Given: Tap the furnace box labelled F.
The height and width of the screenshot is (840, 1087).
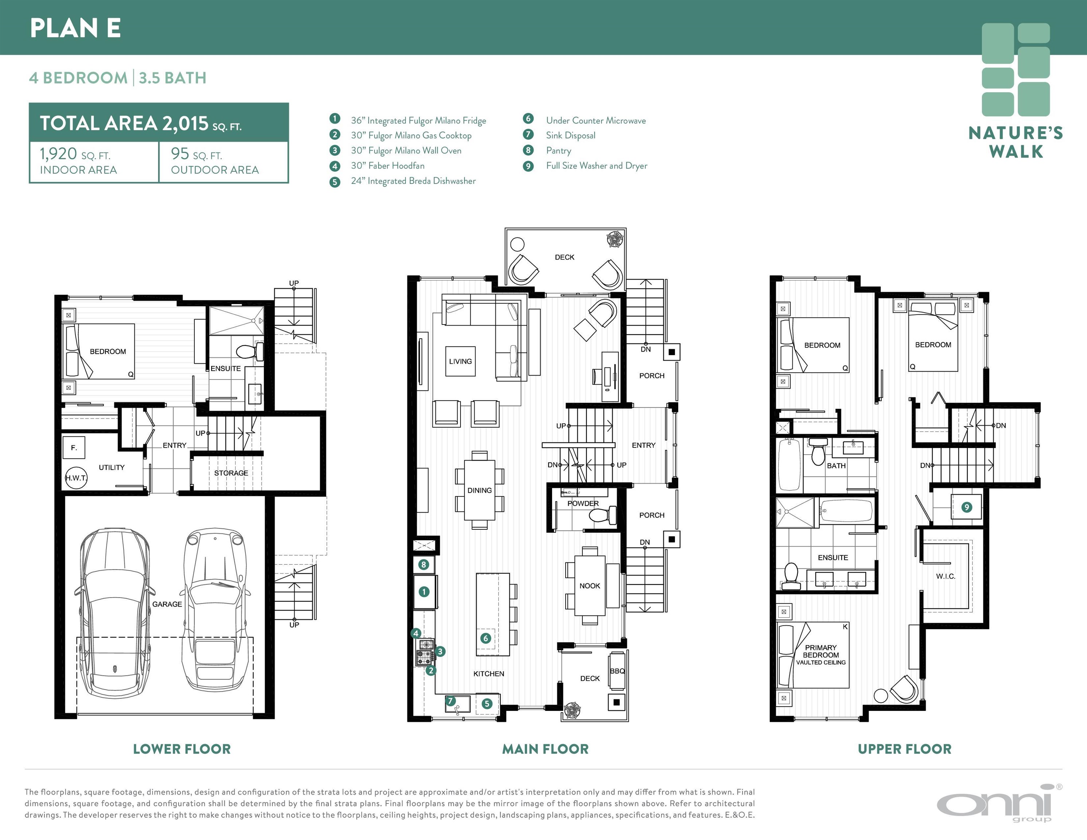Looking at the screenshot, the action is [x=74, y=448].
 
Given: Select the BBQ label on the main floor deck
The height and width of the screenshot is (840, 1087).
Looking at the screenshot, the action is [x=617, y=671].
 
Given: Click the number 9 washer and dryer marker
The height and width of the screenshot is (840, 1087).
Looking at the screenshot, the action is [x=967, y=507].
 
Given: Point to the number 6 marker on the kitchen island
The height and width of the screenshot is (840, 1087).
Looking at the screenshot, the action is [x=486, y=638].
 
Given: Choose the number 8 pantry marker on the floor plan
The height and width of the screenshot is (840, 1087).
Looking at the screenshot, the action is [x=424, y=564].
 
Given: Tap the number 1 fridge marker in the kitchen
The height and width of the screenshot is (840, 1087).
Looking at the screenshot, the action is [x=424, y=592].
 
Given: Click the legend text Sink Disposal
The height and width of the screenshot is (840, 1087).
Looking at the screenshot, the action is [x=570, y=135].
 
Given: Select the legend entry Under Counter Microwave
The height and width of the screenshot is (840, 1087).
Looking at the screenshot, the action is [x=596, y=120].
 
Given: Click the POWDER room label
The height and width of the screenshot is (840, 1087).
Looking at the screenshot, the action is [x=583, y=503].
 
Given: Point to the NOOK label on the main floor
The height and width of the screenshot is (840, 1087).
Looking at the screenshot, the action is [x=590, y=586].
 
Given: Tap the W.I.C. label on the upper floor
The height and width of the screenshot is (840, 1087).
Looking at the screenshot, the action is [x=946, y=576].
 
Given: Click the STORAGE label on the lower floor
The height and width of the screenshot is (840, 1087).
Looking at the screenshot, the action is [x=231, y=473].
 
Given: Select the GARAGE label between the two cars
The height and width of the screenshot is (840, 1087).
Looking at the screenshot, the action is [x=167, y=604].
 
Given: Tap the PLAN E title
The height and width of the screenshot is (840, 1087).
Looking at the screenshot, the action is [x=75, y=28].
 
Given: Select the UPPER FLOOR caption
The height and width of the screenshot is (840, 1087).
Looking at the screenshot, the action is [x=904, y=749].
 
